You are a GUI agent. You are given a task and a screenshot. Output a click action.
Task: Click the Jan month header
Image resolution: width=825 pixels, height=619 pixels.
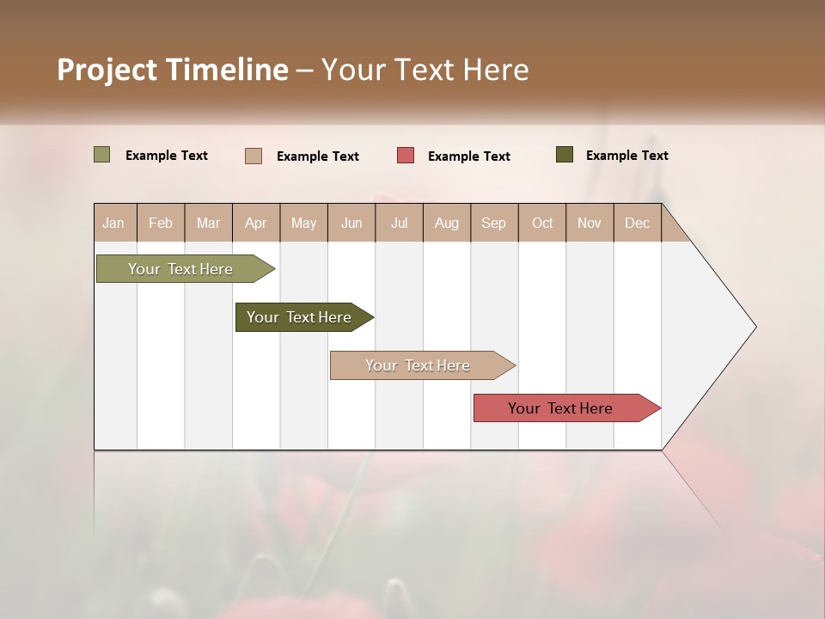click(113, 223)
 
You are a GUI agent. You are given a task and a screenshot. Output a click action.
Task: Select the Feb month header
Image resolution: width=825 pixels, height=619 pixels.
click(161, 223)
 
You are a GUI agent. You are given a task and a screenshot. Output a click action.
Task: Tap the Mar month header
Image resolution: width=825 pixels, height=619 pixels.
click(208, 223)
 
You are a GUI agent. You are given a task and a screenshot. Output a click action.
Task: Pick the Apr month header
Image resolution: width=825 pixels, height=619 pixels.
click(255, 223)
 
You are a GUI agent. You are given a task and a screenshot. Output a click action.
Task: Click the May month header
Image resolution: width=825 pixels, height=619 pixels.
click(303, 223)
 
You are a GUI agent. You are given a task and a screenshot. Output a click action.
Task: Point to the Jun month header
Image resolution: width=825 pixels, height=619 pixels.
click(351, 223)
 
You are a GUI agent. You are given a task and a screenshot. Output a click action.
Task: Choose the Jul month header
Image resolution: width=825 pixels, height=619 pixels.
click(399, 223)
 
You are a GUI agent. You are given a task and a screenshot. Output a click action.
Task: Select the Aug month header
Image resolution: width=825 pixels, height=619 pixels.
click(446, 223)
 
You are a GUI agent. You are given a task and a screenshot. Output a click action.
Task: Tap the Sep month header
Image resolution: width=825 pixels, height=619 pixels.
click(493, 223)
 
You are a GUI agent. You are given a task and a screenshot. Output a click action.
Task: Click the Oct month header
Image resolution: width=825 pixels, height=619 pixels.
click(542, 223)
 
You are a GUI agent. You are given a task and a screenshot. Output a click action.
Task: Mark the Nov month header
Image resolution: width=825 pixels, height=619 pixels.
click(589, 223)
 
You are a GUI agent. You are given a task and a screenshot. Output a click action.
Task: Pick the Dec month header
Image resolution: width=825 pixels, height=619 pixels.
click(637, 223)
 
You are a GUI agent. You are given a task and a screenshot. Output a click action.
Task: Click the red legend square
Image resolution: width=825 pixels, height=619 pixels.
click(406, 156)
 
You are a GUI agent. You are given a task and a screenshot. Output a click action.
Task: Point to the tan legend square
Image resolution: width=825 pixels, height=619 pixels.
click(254, 156)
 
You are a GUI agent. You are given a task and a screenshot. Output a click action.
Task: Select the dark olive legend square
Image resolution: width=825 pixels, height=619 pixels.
click(564, 155)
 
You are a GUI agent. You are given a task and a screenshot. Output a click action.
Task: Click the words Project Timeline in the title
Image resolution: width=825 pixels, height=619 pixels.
click(172, 70)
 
